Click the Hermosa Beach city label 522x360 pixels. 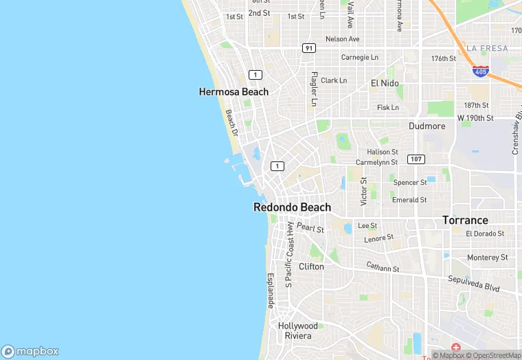(x=234, y=91)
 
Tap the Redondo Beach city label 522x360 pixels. (x=292, y=207)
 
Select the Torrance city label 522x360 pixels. (x=465, y=221)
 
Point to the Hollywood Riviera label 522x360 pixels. (x=298, y=330)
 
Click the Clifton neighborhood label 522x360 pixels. (x=311, y=266)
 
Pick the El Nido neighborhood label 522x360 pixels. (x=385, y=82)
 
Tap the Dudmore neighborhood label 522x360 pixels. (x=427, y=126)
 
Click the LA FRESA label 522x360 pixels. (x=487, y=48)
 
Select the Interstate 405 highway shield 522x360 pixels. (x=481, y=71)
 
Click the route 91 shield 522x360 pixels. (x=308, y=47)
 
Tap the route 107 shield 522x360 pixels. (x=416, y=159)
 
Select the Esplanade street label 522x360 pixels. (x=270, y=290)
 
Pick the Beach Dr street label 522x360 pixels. (x=231, y=122)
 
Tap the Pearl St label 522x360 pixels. (x=310, y=227)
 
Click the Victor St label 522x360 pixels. (x=364, y=192)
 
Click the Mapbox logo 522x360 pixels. (x=30, y=351)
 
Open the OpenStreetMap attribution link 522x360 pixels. (x=496, y=355)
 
